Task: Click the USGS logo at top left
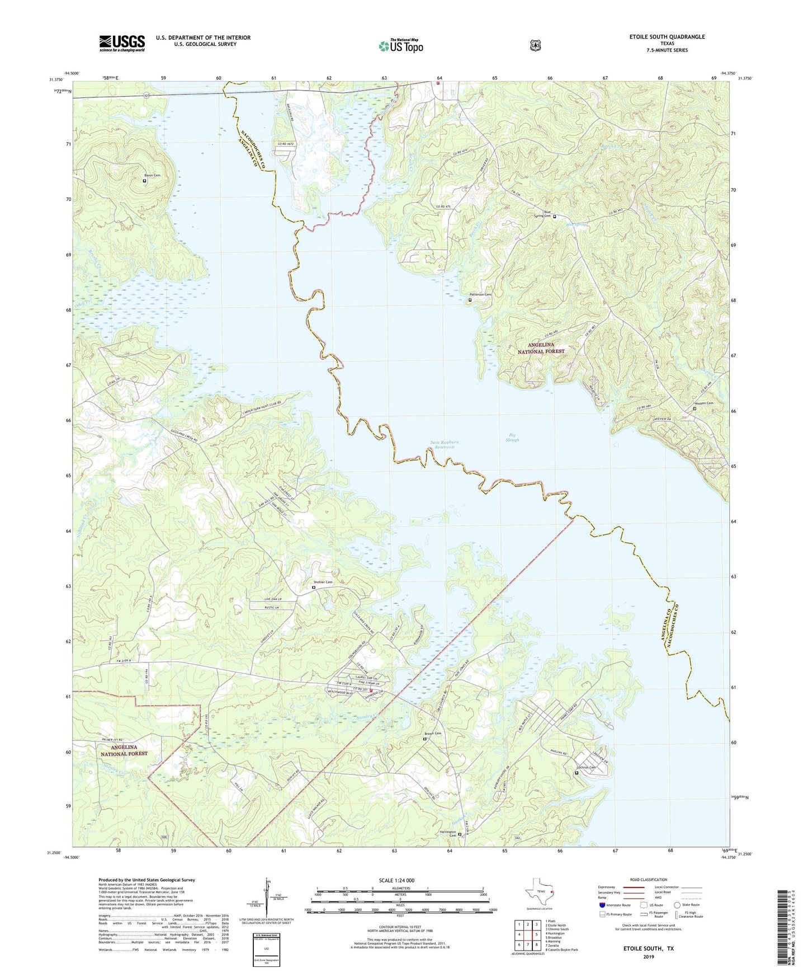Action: (x=122, y=43)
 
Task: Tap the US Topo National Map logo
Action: (x=400, y=45)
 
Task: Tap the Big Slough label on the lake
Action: (x=512, y=437)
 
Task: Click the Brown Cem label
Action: (x=433, y=734)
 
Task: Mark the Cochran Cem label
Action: (x=586, y=768)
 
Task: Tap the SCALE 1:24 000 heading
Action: (x=396, y=881)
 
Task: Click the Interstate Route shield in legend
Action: (x=602, y=905)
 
